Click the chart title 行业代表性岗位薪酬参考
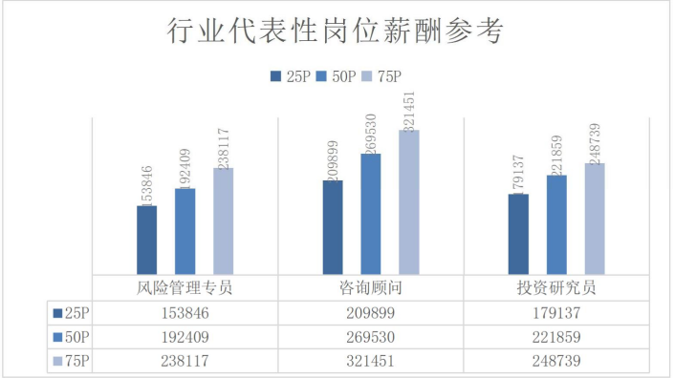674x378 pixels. tap(335, 31)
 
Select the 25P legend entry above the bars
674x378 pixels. tap(290, 76)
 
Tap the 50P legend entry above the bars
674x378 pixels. tap(336, 76)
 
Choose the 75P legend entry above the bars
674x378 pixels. tap(381, 76)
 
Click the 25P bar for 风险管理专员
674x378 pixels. tap(147, 240)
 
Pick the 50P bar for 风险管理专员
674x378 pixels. tap(185, 231)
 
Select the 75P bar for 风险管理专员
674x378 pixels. tap(224, 220)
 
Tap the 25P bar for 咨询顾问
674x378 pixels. tap(333, 227)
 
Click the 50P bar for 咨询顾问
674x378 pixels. tap(371, 214)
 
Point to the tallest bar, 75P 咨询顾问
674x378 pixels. tap(409, 202)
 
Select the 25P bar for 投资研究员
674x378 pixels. tap(518, 234)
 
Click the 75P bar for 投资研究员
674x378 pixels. tap(595, 219)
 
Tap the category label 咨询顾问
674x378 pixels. tap(371, 287)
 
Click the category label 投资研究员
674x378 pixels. tap(556, 287)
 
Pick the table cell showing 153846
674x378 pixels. tap(185, 313)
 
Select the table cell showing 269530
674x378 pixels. tap(371, 337)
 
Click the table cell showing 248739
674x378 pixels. tap(556, 361)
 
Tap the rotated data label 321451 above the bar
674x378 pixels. tap(409, 112)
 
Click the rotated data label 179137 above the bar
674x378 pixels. tap(518, 175)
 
